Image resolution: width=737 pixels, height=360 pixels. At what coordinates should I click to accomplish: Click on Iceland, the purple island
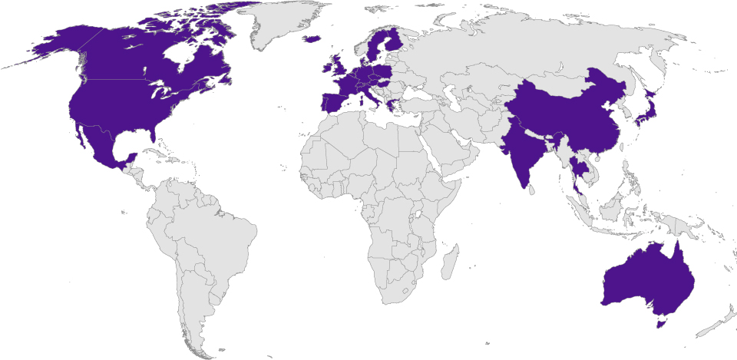[312, 38]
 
